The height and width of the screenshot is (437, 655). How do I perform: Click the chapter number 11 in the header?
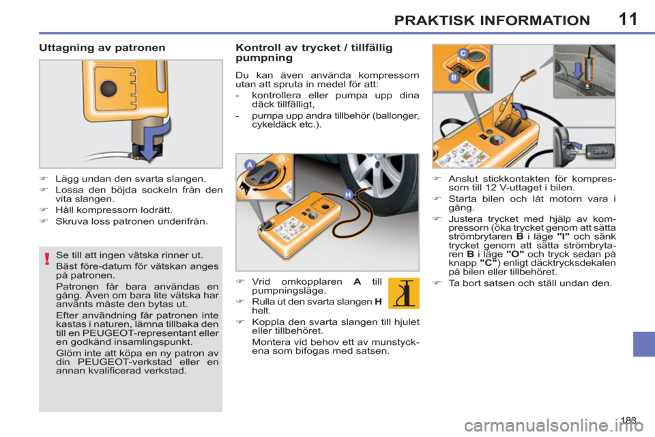point(628,19)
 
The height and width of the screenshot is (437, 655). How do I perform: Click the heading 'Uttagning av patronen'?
point(102,48)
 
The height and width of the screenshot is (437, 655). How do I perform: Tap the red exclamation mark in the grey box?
point(47,259)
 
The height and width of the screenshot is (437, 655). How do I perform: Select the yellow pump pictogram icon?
point(403,293)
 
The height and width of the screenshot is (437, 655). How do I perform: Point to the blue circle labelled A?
point(250,165)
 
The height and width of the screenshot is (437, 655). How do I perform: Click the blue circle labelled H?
point(348,195)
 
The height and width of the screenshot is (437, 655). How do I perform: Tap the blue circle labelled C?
point(463,53)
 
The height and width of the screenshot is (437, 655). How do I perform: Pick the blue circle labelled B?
point(454,77)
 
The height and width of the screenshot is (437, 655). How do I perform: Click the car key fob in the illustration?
point(600,150)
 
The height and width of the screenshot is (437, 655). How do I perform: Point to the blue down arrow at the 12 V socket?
point(578,70)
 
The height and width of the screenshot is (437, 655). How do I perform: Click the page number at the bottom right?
point(628,420)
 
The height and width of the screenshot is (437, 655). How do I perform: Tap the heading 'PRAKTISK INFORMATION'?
point(492,20)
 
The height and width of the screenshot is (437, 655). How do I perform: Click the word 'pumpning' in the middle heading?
point(264,58)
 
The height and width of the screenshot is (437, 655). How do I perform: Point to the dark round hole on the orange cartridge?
point(108,88)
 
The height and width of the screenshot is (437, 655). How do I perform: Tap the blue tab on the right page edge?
point(643,343)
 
